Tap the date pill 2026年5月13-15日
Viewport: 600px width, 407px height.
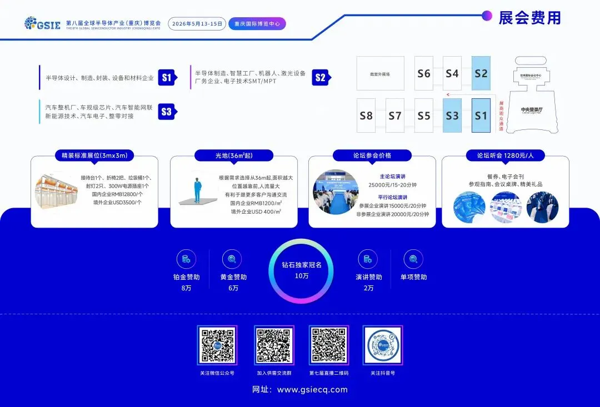(197, 24)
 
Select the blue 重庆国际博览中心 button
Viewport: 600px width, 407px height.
(257, 24)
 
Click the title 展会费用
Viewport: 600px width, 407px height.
(529, 18)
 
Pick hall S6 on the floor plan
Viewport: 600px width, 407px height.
(424, 73)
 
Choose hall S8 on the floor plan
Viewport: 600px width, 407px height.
(366, 115)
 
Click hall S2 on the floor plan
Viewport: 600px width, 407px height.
(481, 73)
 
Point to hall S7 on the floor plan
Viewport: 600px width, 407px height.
(395, 115)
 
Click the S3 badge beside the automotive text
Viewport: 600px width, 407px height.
(166, 112)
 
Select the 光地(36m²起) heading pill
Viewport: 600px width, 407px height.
(233, 155)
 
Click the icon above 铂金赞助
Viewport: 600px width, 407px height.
(186, 259)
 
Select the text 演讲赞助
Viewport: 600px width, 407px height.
(369, 277)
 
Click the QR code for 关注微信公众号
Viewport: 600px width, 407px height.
(217, 345)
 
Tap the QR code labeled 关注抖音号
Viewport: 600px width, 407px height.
(383, 345)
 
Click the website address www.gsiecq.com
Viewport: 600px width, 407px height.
(312, 390)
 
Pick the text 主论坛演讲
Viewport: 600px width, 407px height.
(393, 177)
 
